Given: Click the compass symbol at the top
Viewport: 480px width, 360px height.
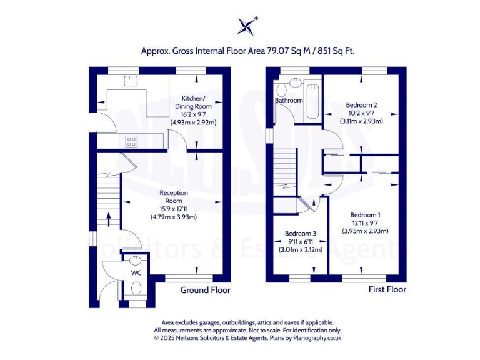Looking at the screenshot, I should tap(246, 26).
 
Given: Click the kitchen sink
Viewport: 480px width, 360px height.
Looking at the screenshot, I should tap(132, 80).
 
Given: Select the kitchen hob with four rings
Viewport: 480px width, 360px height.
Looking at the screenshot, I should tap(132, 141).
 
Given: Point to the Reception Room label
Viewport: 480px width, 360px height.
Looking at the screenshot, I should tap(174, 196).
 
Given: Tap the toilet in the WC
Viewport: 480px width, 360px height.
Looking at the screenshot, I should tap(136, 289).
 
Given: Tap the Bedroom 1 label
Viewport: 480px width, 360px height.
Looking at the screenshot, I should tap(365, 215).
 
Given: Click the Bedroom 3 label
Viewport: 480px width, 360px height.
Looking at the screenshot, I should tap(300, 234).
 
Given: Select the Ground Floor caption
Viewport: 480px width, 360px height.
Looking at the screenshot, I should tap(205, 290).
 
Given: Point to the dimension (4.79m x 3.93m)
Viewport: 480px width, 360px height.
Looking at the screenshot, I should tap(174, 217).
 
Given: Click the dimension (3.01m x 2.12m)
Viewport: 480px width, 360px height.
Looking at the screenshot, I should tap(300, 250).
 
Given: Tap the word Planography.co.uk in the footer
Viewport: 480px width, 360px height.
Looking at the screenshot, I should tap(317, 337).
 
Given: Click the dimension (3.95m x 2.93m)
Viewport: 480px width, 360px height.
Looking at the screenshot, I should tap(365, 231).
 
